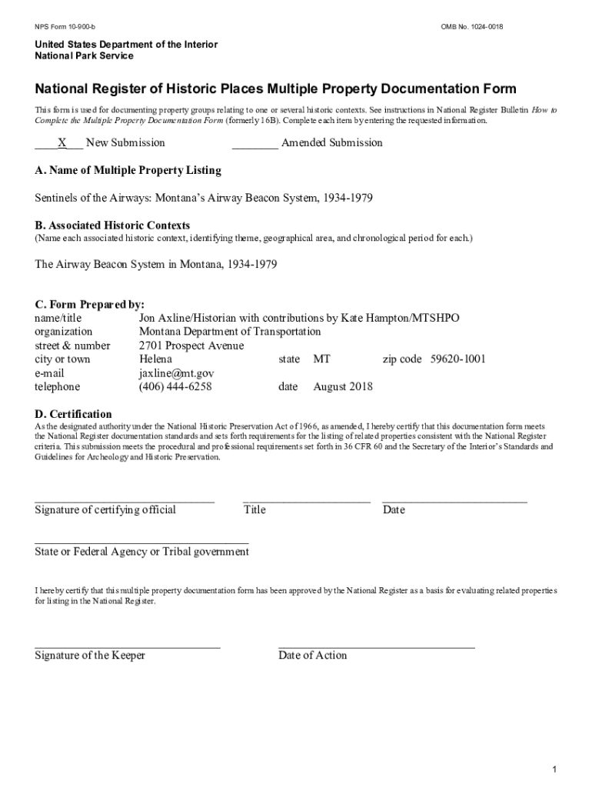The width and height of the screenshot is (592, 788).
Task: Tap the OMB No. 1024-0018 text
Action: pos(472,28)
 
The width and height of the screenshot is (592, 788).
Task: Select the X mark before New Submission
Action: pos(62,142)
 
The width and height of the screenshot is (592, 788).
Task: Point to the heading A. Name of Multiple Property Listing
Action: pos(128,170)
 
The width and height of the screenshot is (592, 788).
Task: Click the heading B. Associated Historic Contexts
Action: pos(112,225)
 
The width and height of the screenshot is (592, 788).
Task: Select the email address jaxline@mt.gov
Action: pos(176,373)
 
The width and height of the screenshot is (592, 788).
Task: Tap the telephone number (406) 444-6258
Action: pos(175,387)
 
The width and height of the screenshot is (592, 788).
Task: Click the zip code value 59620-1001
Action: pos(457,359)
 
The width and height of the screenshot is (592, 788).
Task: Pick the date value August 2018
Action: pos(343,387)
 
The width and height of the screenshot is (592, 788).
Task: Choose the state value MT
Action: pos(321,359)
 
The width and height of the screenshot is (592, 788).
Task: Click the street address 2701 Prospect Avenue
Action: pos(191,346)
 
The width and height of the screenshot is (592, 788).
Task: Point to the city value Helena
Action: pos(155,359)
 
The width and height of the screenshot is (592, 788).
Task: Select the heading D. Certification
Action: pos(73,414)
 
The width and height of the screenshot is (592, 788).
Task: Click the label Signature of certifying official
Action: pos(105,509)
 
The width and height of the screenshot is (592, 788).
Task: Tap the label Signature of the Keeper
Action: pos(90,656)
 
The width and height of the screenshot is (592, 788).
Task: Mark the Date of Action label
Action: pos(312,656)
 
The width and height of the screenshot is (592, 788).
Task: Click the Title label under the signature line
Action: pos(254,509)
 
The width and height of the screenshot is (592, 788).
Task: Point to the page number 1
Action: pos(554,749)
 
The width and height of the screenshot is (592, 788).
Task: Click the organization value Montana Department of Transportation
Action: pos(230,332)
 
